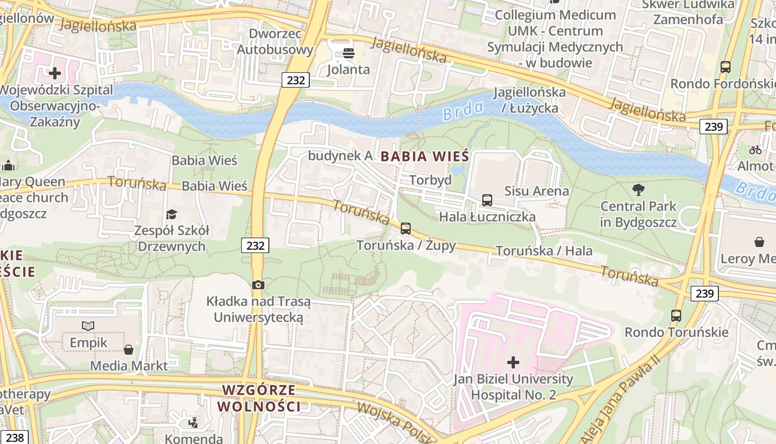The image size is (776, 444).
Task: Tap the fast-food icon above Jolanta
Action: pos(349,53)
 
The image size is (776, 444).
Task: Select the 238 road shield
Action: pos(14,437)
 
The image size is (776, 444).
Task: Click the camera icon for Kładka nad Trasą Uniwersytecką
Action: pos(258,285)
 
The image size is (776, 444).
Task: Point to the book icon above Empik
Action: pos(88,326)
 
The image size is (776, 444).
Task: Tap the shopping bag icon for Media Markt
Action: pos(129,349)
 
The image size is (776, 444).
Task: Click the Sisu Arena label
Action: pos(536,191)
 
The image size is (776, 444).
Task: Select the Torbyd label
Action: pos(430,180)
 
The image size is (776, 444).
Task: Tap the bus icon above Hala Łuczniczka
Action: pos(487,200)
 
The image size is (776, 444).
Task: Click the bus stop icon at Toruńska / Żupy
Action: pos(406,228)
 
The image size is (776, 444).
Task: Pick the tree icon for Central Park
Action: pos(639,190)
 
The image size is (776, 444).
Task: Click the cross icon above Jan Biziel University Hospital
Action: pos(513,362)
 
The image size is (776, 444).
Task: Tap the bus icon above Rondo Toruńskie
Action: pos(676,316)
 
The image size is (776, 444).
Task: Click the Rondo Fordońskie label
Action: pos(722,84)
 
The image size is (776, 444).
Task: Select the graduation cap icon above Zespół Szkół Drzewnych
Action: pos(172,214)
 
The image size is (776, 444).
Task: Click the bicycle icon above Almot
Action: pos(755,149)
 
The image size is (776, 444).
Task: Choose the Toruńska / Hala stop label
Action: pos(544,251)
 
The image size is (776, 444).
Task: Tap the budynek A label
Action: pos(340,155)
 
